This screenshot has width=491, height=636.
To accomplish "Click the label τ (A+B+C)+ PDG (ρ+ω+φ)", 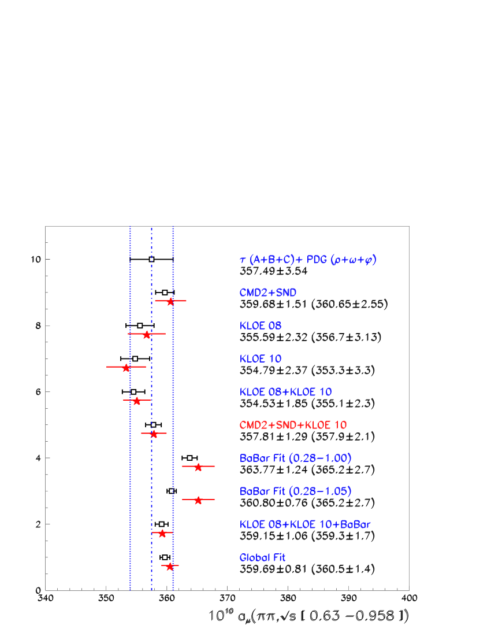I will (x=308, y=260).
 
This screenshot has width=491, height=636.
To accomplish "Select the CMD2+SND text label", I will (x=268, y=293).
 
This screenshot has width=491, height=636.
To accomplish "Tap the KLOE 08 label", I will (x=261, y=326).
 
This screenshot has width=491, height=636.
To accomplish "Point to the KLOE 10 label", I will (x=261, y=359).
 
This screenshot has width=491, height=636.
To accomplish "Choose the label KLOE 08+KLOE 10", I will (x=285, y=392).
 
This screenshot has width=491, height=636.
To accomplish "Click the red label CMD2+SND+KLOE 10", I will (x=293, y=426).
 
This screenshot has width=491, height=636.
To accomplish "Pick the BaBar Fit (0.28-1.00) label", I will (x=295, y=458).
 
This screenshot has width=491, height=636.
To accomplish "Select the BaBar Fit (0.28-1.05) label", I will (x=295, y=491).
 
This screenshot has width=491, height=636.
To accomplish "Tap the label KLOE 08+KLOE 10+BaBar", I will (x=305, y=525).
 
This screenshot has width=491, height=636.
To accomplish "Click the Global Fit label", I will (x=263, y=558).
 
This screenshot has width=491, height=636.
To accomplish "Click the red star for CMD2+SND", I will (x=170, y=301).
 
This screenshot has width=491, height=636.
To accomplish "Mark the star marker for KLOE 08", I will (x=147, y=334).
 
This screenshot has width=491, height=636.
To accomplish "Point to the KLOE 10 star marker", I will (x=126, y=367).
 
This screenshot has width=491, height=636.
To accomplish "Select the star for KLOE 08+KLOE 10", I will (x=136, y=401).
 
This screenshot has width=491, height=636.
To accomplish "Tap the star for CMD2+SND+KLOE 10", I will (x=154, y=434).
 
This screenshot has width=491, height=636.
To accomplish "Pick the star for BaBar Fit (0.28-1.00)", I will (x=198, y=467).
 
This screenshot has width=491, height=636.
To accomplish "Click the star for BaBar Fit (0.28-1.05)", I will (x=198, y=500).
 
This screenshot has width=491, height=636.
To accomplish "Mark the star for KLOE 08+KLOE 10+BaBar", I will (x=162, y=533).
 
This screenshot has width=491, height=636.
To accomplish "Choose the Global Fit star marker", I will (x=170, y=566).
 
